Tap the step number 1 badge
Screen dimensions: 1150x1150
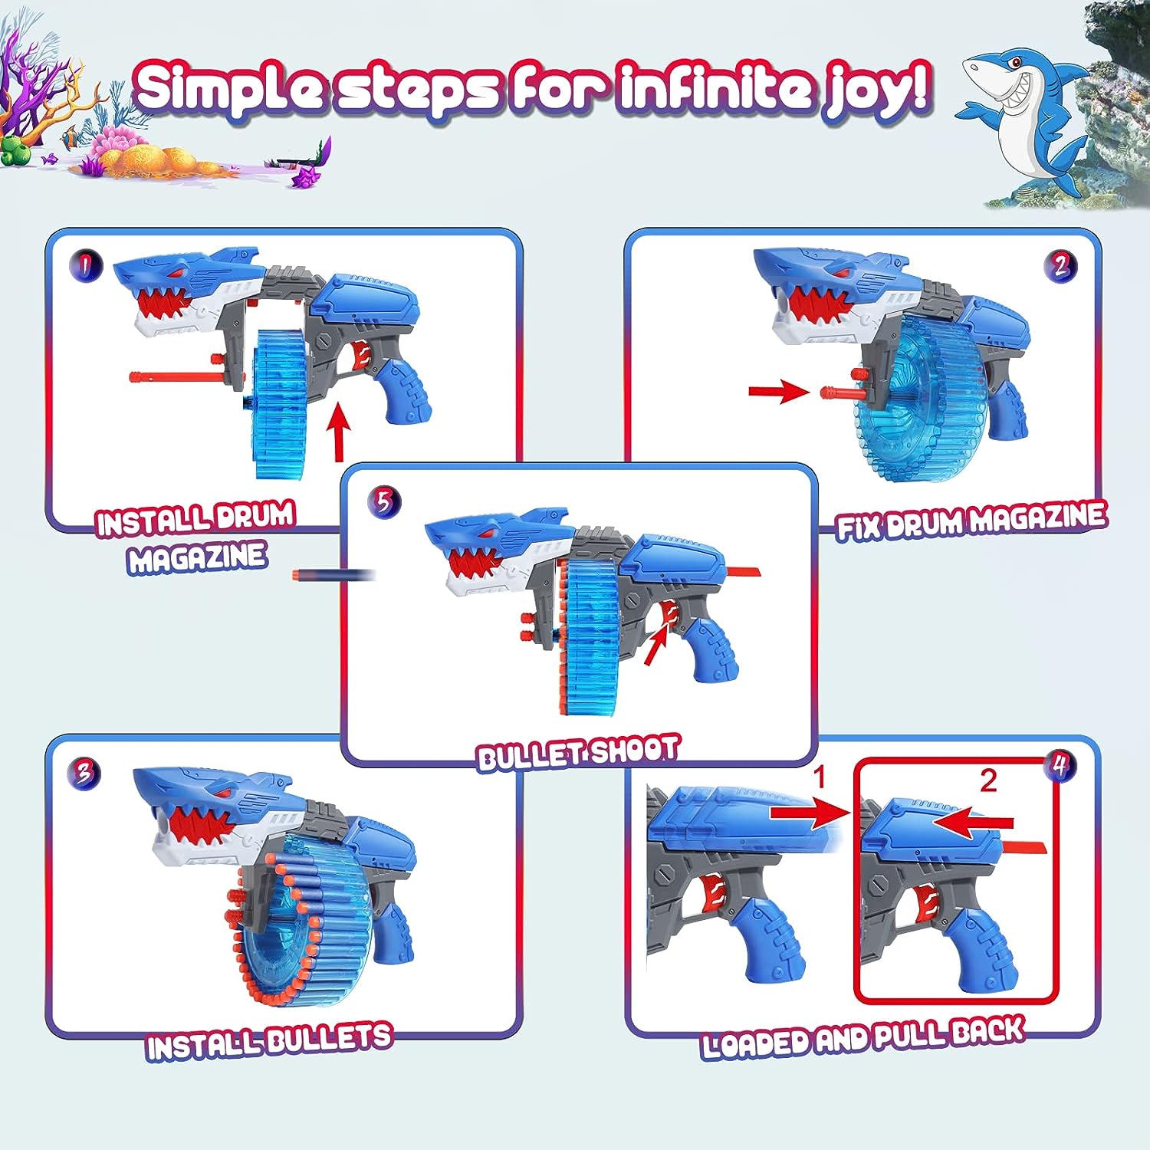(86, 265)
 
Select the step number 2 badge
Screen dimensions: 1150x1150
(1060, 265)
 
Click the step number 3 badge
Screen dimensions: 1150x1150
(84, 772)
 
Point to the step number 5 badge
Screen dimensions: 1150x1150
(383, 502)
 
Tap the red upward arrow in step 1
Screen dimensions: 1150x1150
(338, 435)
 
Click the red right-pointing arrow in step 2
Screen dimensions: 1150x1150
(777, 392)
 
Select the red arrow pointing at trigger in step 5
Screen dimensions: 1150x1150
(655, 645)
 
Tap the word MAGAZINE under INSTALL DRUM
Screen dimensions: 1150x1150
(197, 557)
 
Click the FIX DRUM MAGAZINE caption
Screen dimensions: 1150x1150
(971, 521)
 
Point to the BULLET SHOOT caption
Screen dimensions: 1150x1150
(578, 753)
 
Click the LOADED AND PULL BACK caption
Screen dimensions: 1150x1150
(863, 1038)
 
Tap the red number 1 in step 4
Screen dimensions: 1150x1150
(819, 777)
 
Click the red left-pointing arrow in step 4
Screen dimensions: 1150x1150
(972, 823)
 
